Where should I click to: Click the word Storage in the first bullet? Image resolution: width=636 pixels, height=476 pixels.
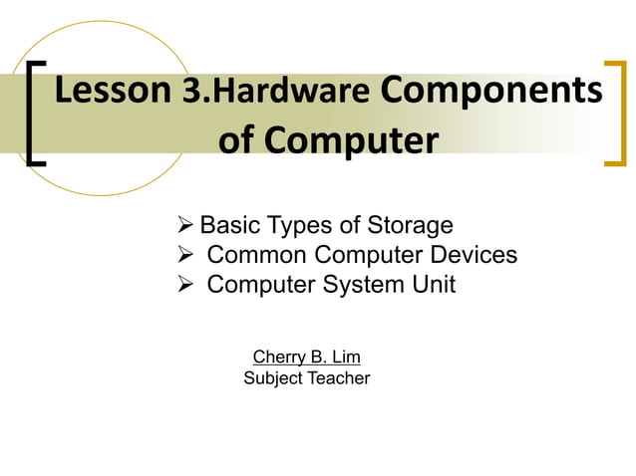point(410,225)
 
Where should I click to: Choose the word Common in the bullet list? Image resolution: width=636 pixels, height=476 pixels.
point(256,255)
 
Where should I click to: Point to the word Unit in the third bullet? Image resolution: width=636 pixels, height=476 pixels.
point(432,285)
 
